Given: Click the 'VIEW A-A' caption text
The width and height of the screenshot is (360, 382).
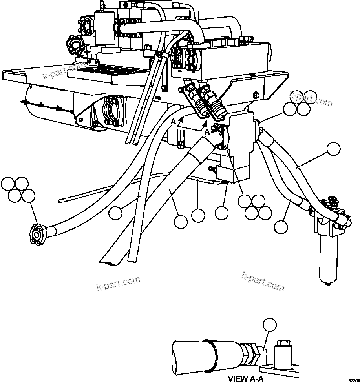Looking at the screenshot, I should (245, 378).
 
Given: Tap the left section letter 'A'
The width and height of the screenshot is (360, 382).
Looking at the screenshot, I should (173, 122).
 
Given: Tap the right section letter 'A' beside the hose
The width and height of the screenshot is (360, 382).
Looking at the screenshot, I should (206, 132).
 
